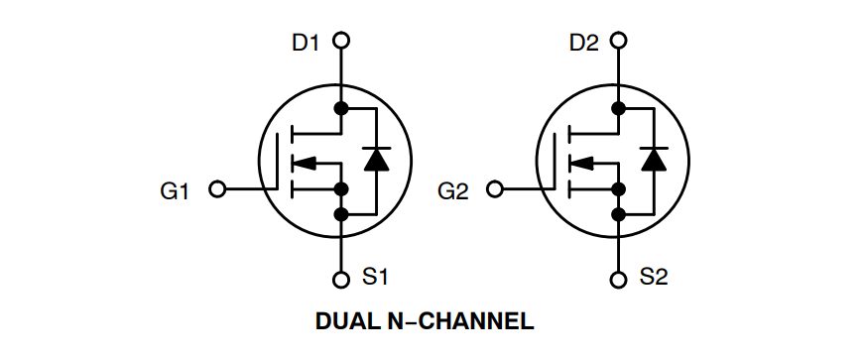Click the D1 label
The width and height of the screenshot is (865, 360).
click(307, 42)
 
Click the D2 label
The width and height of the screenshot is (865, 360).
click(584, 42)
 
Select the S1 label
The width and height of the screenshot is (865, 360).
click(376, 279)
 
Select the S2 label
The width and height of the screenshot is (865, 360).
click(654, 279)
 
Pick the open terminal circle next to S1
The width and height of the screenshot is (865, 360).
click(341, 279)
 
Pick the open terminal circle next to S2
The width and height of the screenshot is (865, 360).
click(619, 279)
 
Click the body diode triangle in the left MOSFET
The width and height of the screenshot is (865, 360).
click(375, 159)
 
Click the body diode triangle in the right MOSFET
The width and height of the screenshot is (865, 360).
click(653, 159)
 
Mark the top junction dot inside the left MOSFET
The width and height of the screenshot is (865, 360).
click(341, 107)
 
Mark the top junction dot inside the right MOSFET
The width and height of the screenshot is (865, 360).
click(619, 107)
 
